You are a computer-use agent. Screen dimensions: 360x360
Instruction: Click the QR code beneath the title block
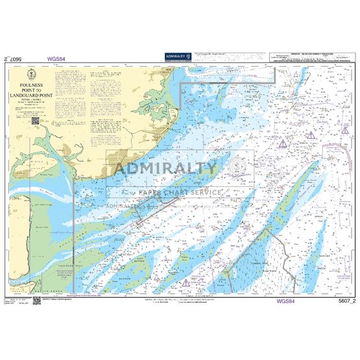[x=36, y=121]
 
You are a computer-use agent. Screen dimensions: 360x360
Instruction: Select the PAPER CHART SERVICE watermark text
[x=180, y=191]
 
